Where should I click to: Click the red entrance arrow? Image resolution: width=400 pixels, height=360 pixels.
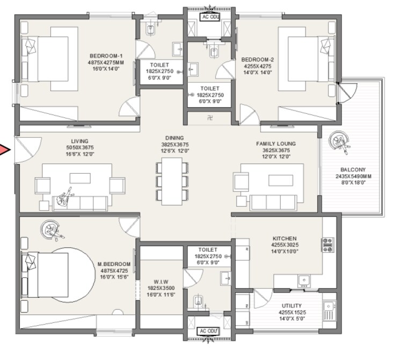(5, 150)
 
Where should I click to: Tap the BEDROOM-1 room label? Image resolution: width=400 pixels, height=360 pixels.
(106, 56)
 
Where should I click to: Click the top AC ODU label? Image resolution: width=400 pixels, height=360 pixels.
(210, 17)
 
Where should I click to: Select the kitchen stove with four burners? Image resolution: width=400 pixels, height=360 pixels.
(328, 245)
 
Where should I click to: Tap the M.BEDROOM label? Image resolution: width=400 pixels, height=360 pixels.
(114, 264)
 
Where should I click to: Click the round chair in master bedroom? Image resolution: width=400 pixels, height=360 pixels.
(52, 230)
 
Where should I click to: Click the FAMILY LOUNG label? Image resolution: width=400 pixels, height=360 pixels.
(276, 144)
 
